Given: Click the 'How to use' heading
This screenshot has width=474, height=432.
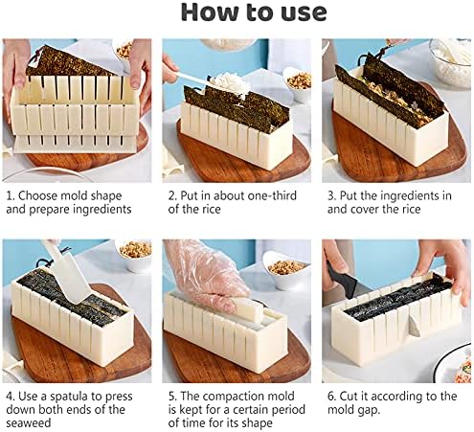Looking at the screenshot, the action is [254, 12].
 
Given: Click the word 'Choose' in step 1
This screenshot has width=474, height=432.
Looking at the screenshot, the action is [37, 195].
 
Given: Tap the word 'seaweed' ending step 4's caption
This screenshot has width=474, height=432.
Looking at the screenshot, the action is [29, 423].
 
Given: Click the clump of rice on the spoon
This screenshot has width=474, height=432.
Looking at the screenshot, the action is [230, 82].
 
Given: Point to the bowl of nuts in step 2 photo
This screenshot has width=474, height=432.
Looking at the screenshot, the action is [298, 83].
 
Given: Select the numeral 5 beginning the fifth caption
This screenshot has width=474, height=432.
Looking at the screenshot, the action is [171, 397].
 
